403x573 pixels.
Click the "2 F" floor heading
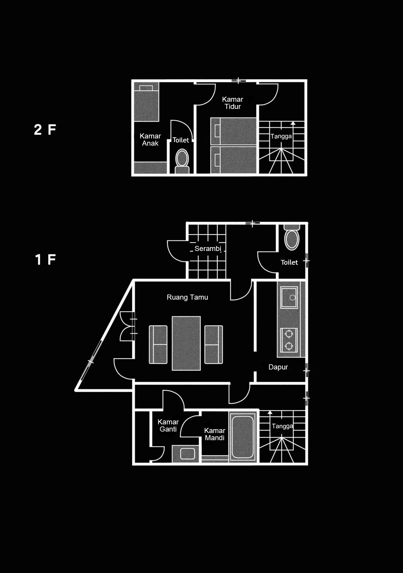[45, 130]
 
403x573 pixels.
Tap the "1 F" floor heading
[45, 259]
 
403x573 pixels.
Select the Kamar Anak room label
[150, 140]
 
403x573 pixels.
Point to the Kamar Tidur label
[233, 103]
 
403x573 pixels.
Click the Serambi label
[208, 249]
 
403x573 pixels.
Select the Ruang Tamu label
[187, 297]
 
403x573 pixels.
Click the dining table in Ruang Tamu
[186, 343]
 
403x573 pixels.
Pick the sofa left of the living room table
[158, 345]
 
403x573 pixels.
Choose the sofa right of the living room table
[214, 345]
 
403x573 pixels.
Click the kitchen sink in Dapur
[289, 298]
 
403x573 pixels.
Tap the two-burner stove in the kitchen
[289, 340]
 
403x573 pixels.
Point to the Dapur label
[278, 367]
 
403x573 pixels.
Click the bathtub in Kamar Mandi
[243, 437]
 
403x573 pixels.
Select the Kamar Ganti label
[168, 426]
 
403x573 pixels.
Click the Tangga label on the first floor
[282, 426]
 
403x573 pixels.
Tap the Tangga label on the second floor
[281, 136]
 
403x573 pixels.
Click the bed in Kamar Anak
[146, 102]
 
